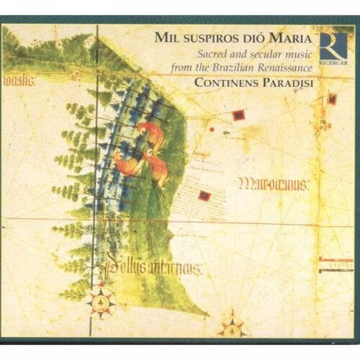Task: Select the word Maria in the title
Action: click(x=291, y=37)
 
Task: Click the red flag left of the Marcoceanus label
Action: click(x=205, y=195)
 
